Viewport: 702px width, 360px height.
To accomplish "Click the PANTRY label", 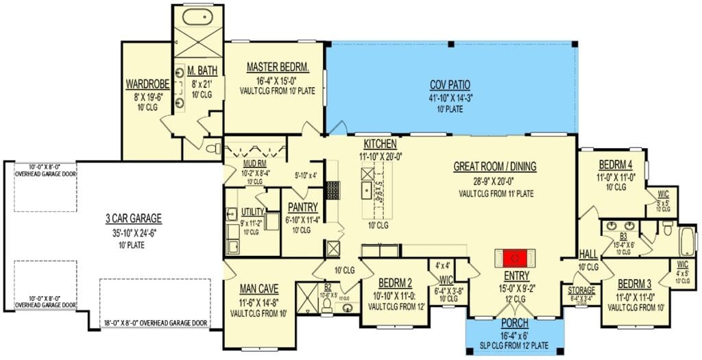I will [302, 206].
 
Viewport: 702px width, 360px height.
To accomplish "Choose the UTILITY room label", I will [252, 213].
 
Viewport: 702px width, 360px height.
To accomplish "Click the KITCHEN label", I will [380, 144].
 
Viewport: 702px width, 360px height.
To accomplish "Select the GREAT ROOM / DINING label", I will [495, 167].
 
